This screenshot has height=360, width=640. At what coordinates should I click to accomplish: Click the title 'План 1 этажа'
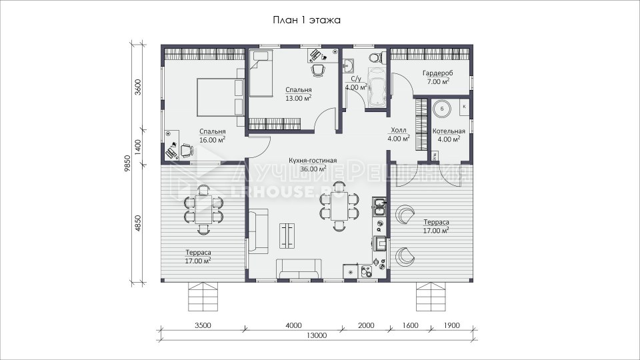(x=307, y=20)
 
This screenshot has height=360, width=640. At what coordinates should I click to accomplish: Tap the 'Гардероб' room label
(x=437, y=73)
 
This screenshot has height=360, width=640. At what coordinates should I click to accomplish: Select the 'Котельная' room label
(x=449, y=131)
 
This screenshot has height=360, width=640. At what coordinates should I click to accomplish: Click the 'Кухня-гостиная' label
(x=313, y=161)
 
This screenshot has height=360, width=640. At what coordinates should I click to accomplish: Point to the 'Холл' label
(x=399, y=130)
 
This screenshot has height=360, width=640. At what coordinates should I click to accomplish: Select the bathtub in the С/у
(x=377, y=87)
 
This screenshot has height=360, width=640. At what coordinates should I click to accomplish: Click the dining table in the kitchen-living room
(x=339, y=207)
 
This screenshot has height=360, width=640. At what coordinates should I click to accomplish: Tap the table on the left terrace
(x=203, y=209)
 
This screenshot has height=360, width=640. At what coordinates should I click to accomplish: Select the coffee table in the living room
(x=287, y=235)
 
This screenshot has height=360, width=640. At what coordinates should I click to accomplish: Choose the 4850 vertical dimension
(x=138, y=223)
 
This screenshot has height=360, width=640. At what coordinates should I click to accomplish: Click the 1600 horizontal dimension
(x=410, y=325)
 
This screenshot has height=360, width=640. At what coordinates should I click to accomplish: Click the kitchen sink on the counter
(x=379, y=207)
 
